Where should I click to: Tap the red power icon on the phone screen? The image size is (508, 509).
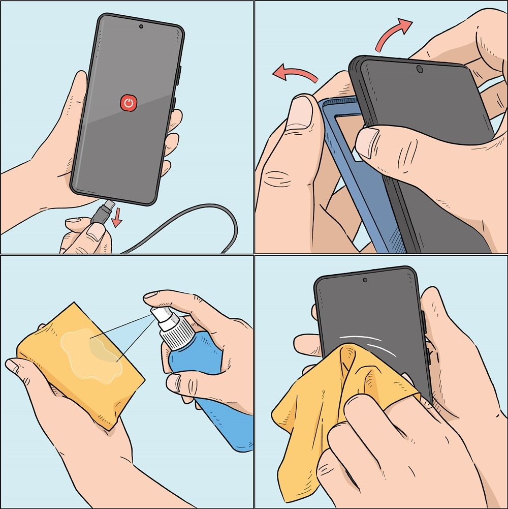pos(130,103)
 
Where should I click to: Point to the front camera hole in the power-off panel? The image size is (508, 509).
pos(141,26)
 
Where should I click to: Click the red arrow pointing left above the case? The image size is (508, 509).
pos(295,75)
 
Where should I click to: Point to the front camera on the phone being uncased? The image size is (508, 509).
pos(420,69)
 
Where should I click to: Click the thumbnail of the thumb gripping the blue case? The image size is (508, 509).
pos(301,109)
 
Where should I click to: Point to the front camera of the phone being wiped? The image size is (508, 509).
pos(365,280)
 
